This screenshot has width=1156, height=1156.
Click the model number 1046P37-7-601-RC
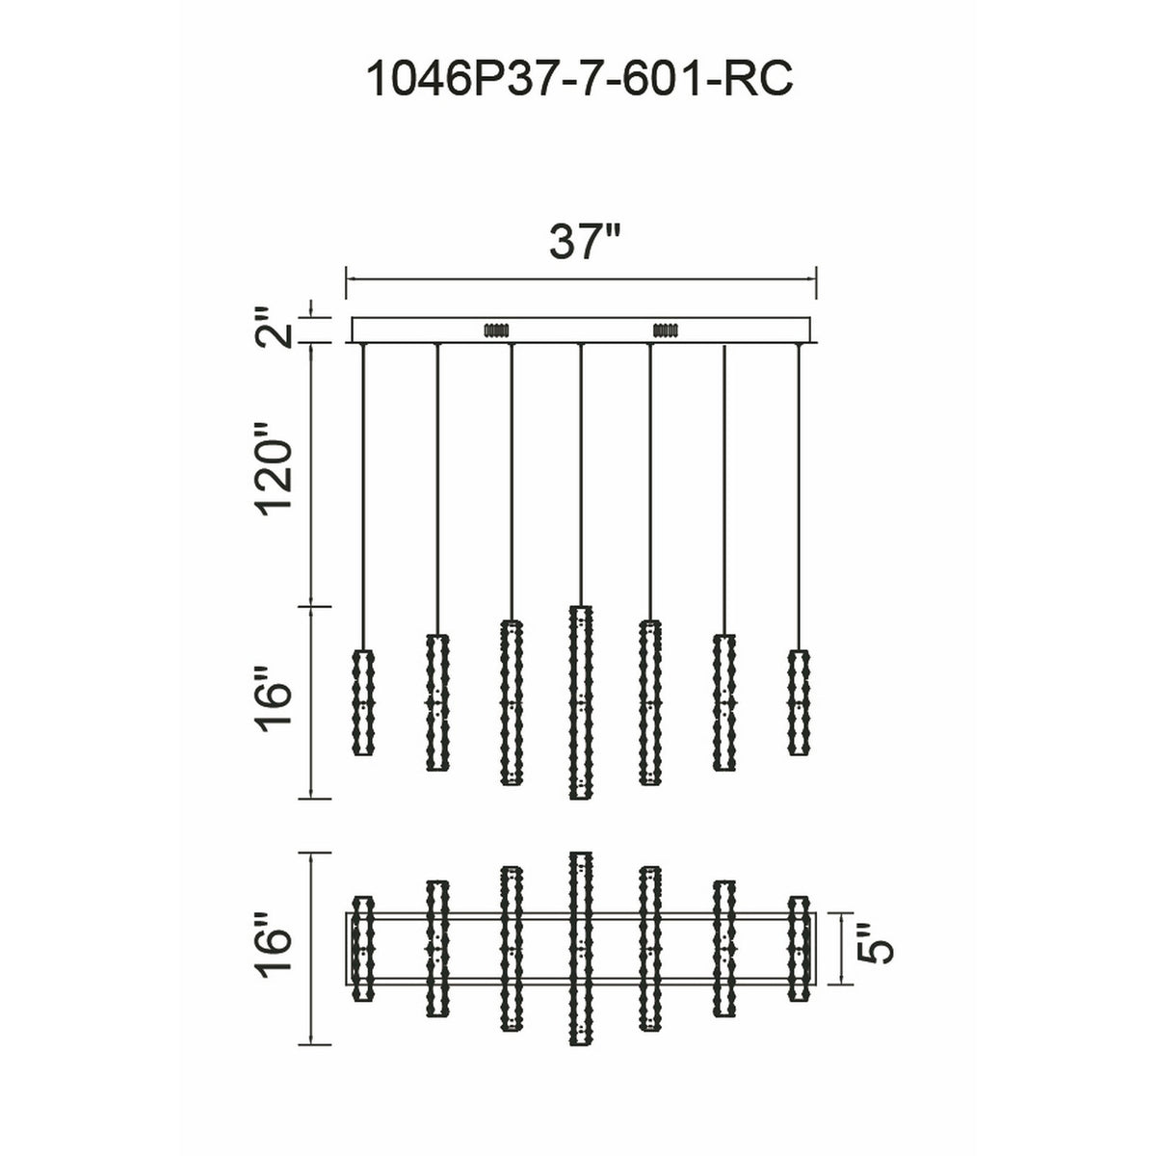click(x=578, y=79)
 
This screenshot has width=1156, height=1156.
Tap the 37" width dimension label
click(x=584, y=243)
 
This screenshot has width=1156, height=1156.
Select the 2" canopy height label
click(x=274, y=328)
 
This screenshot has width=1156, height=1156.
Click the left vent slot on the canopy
click(x=496, y=330)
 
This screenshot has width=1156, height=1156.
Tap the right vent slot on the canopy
click(x=666, y=330)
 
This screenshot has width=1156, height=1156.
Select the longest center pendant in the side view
click(x=580, y=702)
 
